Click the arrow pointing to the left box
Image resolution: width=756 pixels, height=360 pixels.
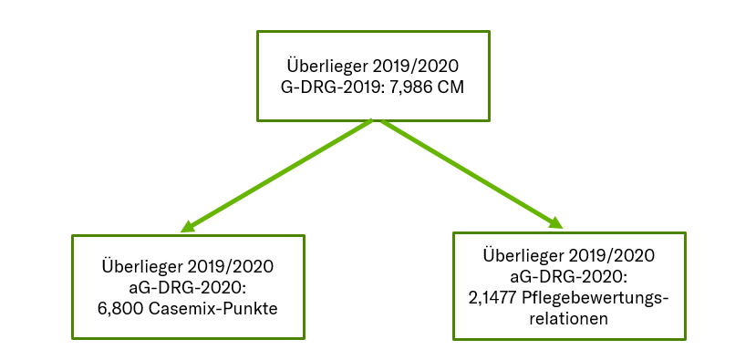pyautogui.click(x=277, y=174)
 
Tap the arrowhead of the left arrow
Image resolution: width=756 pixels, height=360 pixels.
pyautogui.click(x=187, y=226)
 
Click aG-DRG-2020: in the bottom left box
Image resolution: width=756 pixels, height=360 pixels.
pyautogui.click(x=187, y=288)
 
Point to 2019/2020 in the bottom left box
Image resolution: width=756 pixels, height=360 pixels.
pyautogui.click(x=231, y=268)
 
